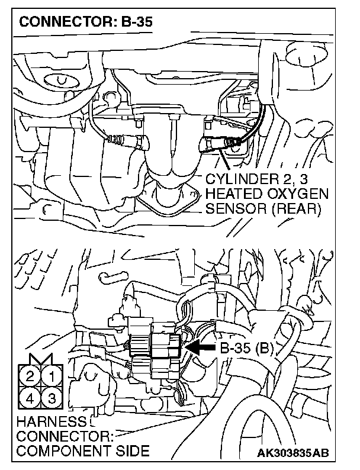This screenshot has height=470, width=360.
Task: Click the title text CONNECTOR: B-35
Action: [86, 23]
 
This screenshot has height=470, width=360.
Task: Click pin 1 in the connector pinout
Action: [52, 375]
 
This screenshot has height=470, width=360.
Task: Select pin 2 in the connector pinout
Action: [30, 375]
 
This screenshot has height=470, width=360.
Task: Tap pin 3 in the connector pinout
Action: [52, 397]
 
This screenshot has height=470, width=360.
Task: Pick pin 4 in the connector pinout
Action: [30, 397]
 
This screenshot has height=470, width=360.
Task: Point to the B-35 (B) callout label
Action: [246, 349]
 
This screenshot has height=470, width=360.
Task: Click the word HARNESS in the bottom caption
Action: [43, 422]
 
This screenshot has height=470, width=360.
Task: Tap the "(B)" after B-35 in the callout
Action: [263, 349]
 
